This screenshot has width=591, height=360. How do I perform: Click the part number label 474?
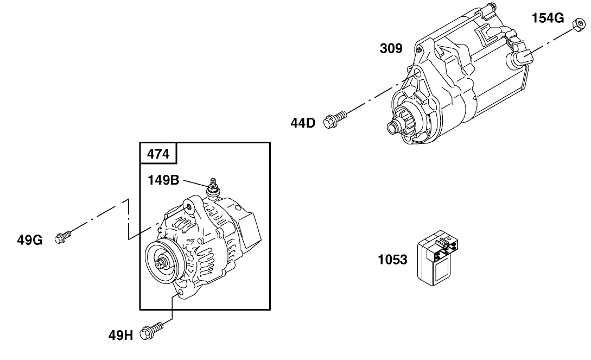click(x=158, y=154)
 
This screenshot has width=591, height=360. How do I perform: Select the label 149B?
click(x=163, y=180)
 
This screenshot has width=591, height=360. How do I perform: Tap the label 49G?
click(x=29, y=239)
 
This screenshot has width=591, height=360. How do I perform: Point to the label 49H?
click(x=120, y=335)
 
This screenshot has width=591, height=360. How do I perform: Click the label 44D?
click(x=302, y=123)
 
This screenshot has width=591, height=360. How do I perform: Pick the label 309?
click(x=391, y=49)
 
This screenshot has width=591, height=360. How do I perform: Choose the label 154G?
click(x=548, y=18)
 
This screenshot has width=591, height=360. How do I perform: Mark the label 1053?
click(x=392, y=260)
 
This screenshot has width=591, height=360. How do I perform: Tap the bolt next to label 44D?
click(x=335, y=118)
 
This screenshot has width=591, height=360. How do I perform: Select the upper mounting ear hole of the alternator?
click(x=188, y=205)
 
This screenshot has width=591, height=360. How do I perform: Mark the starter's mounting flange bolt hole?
click(x=416, y=74)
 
